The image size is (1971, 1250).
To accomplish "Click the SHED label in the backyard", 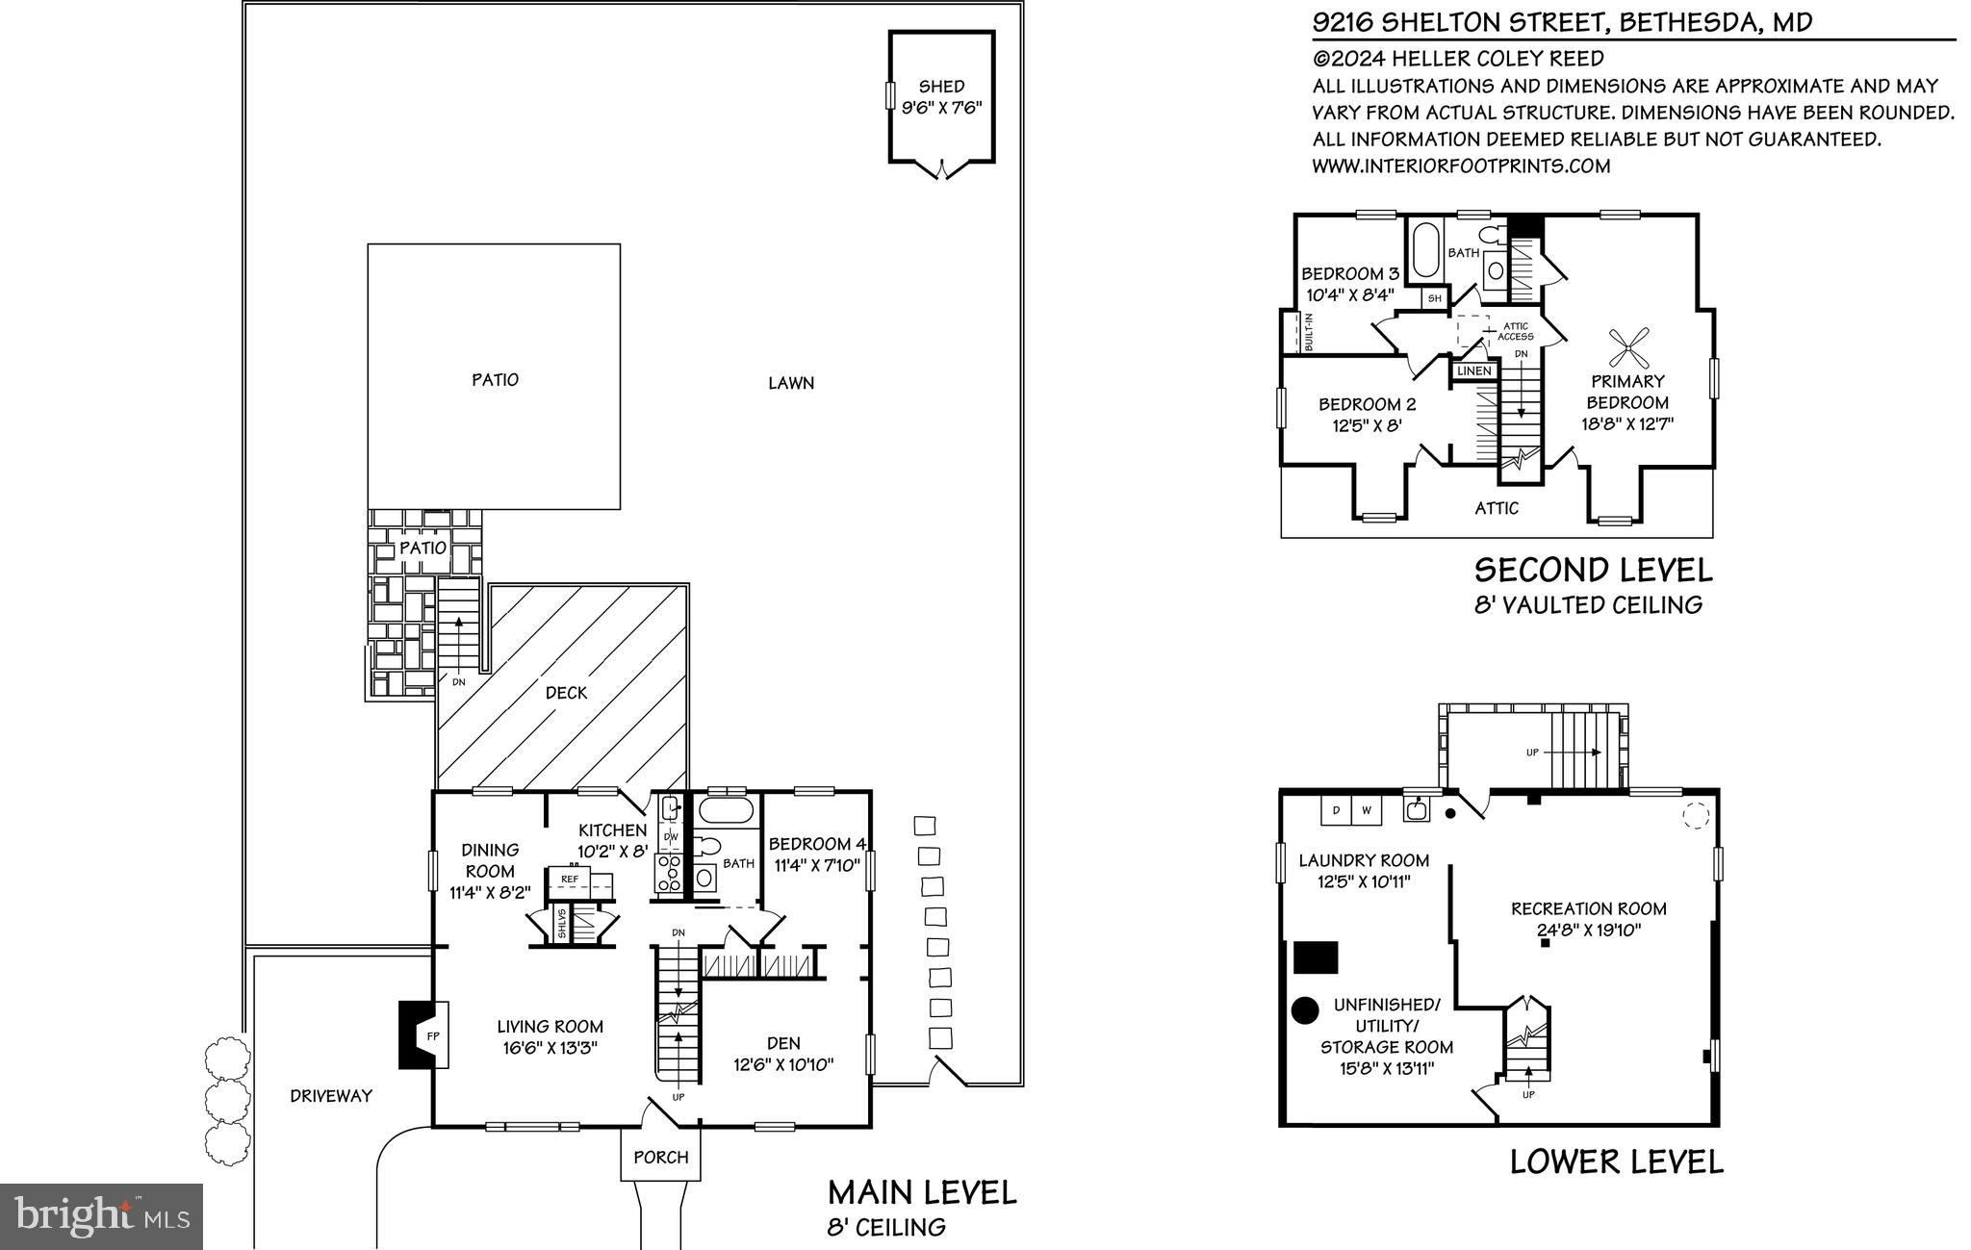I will coord(940,87).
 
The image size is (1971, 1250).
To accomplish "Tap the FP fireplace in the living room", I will coord(432,1035).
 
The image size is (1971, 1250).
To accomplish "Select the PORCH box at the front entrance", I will coord(660,1157).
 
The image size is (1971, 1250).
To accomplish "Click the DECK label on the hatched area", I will coord(566,693).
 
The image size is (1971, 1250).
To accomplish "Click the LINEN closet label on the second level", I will coord(1473,371).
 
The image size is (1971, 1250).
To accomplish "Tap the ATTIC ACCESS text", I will coord(1515,332).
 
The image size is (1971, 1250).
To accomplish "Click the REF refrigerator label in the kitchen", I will coord(570,880).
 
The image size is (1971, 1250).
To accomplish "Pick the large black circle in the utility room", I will coord(1304,1010).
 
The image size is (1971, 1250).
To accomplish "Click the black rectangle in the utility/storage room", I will coord(1316,957).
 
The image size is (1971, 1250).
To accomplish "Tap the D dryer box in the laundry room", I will coord(1336,811).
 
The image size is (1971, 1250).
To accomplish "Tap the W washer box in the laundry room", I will coord(1366,811).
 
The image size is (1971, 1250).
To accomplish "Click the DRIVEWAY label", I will coord(331,1096).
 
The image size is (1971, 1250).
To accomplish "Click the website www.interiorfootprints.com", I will coord(1461,166).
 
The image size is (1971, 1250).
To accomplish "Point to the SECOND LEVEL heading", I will coord(1593,570).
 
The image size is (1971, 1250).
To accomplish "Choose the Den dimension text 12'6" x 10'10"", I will coord(783,1065).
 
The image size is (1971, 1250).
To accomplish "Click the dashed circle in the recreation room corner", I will coord(1694,817).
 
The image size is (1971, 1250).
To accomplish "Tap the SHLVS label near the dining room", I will coord(562,925).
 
